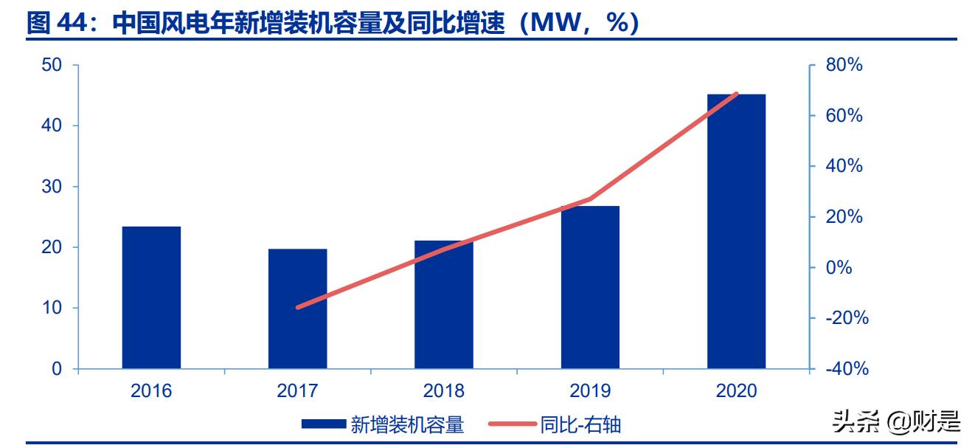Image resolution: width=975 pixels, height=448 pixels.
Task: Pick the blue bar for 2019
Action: tap(590, 287)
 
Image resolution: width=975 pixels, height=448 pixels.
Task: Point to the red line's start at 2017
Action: tap(298, 307)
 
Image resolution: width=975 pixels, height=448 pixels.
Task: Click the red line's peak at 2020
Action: tap(736, 94)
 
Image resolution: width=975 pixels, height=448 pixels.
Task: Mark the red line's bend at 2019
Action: tap(590, 199)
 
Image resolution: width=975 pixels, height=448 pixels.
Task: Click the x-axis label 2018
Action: tap(443, 390)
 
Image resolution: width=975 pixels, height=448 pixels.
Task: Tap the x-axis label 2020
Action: tap(736, 390)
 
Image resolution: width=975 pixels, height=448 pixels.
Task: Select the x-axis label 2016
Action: tap(151, 390)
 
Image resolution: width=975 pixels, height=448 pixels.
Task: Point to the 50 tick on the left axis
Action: tap(52, 65)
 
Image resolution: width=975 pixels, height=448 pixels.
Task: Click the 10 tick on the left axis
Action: tap(52, 308)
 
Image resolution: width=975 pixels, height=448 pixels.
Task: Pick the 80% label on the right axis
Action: tap(844, 65)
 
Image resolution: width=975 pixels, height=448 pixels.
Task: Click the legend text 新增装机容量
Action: tap(407, 424)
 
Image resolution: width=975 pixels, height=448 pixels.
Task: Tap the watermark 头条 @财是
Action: tap(896, 422)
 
